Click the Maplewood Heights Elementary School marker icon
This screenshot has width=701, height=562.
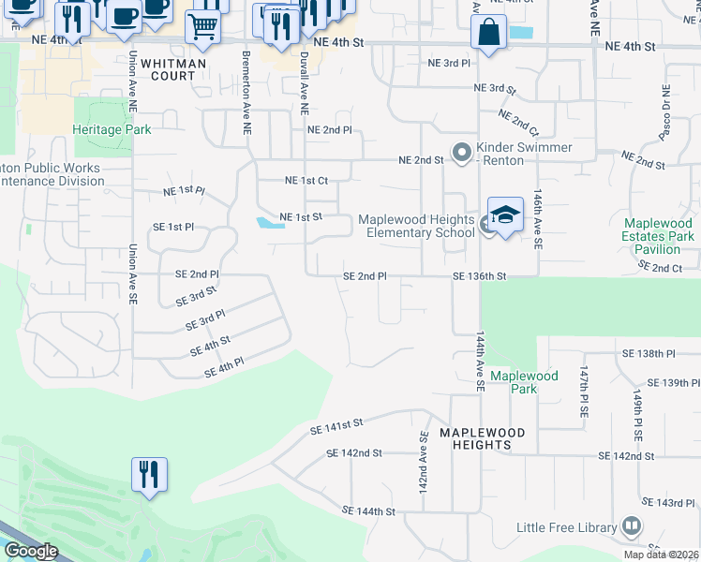point(505,215)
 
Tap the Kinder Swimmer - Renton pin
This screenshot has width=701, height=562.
point(461,152)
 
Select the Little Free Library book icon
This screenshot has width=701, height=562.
point(631,527)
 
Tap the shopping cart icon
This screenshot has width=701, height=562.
point(201,29)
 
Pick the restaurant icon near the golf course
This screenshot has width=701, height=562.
point(149,475)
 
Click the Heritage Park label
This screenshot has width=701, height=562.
point(112,129)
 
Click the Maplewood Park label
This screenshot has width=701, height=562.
point(524,376)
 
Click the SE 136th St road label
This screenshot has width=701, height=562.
point(479,276)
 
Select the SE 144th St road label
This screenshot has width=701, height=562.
point(369,511)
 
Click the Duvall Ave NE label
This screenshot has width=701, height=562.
point(304,82)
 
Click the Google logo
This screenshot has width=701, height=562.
point(31,551)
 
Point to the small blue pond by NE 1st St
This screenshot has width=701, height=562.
point(269,223)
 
